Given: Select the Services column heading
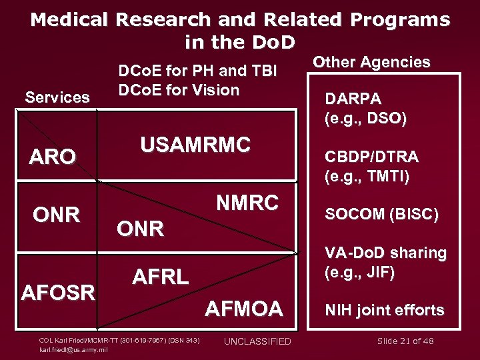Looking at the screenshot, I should [x=57, y=97].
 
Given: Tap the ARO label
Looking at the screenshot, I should [x=53, y=157].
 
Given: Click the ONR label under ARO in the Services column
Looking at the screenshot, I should [x=57, y=215].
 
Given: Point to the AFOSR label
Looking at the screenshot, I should [x=59, y=292].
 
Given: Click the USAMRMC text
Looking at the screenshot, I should [x=195, y=144].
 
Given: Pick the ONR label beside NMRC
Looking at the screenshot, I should [x=140, y=229].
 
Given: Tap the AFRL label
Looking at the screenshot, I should [x=161, y=277].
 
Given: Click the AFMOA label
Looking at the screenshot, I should [x=243, y=309].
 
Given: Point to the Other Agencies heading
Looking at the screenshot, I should [x=372, y=62].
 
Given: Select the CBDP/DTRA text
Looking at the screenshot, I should [x=371, y=157].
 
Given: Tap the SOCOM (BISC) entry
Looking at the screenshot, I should [x=381, y=215].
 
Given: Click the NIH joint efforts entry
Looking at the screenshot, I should [x=384, y=310].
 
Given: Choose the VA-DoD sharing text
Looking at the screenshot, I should [x=385, y=253].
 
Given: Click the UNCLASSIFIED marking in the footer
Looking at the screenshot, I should [x=257, y=341].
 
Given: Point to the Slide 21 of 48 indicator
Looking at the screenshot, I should [x=405, y=341].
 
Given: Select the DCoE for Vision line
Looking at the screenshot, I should [x=178, y=90].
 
